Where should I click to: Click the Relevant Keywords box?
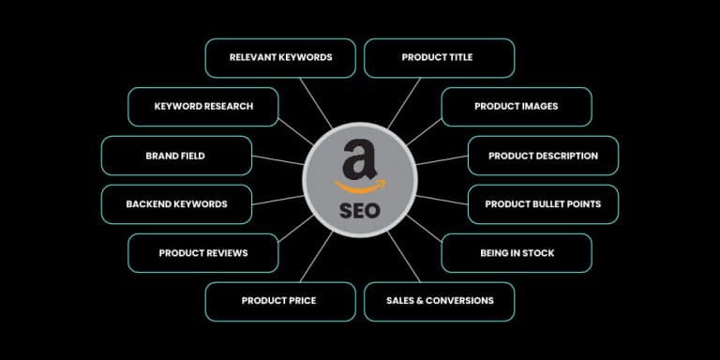280,57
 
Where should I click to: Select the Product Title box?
439,57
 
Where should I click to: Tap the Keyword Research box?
203,106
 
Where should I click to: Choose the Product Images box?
516,106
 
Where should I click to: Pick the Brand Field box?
175,156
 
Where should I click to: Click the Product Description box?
543,156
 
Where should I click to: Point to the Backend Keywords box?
176,203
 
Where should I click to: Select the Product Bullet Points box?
543,203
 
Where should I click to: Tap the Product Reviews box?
202,252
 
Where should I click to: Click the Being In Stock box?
517,252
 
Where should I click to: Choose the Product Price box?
279,301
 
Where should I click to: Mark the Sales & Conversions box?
439,301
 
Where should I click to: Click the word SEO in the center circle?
360,210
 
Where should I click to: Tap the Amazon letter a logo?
359,158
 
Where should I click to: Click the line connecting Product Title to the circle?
403,103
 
